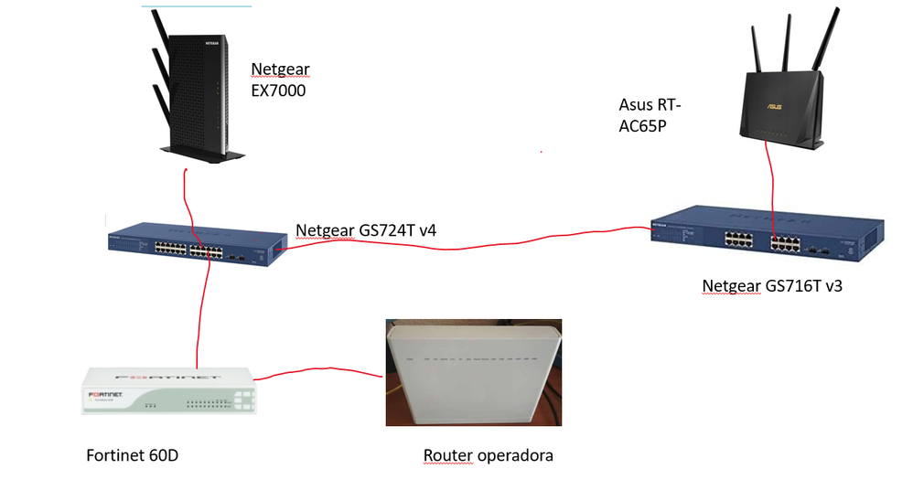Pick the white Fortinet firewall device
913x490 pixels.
tap(170, 390)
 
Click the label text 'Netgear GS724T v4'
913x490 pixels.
tap(366, 229)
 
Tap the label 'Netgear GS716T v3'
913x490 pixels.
tap(771, 286)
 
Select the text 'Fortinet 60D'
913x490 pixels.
tap(132, 454)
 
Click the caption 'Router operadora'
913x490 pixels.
tap(488, 454)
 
